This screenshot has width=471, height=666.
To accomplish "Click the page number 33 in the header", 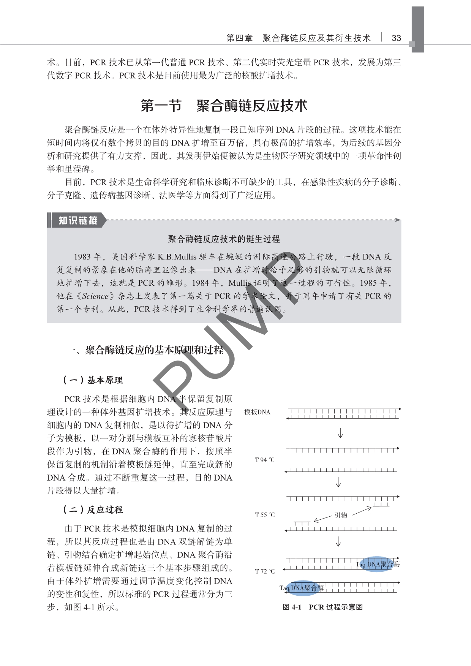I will pos(396,38).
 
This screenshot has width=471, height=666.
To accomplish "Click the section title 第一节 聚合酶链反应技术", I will pos(224,106).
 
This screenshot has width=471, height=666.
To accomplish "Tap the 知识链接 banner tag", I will pos(78,220).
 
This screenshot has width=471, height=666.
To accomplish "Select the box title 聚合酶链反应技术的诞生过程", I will pos(224,239).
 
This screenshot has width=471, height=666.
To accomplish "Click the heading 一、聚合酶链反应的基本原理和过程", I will pos(144,350).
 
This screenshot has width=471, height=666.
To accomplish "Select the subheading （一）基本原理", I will pos(93,380).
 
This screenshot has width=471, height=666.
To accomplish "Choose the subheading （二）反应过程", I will pos(93,509).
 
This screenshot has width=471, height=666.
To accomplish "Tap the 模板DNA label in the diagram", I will pos(257,412).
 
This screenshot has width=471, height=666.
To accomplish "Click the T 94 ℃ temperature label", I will pos(264,460).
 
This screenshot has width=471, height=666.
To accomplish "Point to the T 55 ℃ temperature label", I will pos(264,515).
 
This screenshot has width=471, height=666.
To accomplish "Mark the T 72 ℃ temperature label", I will pos(264,571).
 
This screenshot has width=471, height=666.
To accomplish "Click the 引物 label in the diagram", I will pos(341,515).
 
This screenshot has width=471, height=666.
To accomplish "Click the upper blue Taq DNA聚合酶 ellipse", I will pos(377,564).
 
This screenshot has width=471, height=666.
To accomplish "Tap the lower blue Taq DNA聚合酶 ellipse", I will pos(302,588).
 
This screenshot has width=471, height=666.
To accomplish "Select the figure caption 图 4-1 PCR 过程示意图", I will pos(322,607).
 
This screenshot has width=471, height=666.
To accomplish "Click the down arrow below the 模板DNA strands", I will pos(340,433).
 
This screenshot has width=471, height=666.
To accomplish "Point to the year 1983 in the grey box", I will pos(82,257).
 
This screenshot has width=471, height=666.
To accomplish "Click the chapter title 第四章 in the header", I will pos(239,38).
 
